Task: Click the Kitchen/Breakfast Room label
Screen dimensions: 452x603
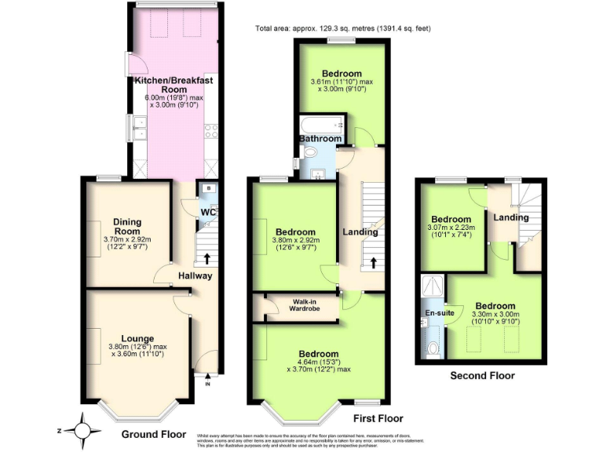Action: pos(174,85)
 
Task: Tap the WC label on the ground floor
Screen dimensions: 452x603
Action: pos(207,213)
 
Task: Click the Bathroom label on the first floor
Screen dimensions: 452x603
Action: pos(320,139)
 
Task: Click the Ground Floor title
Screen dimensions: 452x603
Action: pos(154,434)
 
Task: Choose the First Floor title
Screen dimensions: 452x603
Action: pos(378,419)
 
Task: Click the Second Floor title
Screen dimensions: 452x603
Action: pos(482,376)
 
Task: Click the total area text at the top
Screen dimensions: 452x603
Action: pos(343,29)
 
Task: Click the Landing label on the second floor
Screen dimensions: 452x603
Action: pos(511,217)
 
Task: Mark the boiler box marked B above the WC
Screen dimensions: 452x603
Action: pos(207,188)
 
